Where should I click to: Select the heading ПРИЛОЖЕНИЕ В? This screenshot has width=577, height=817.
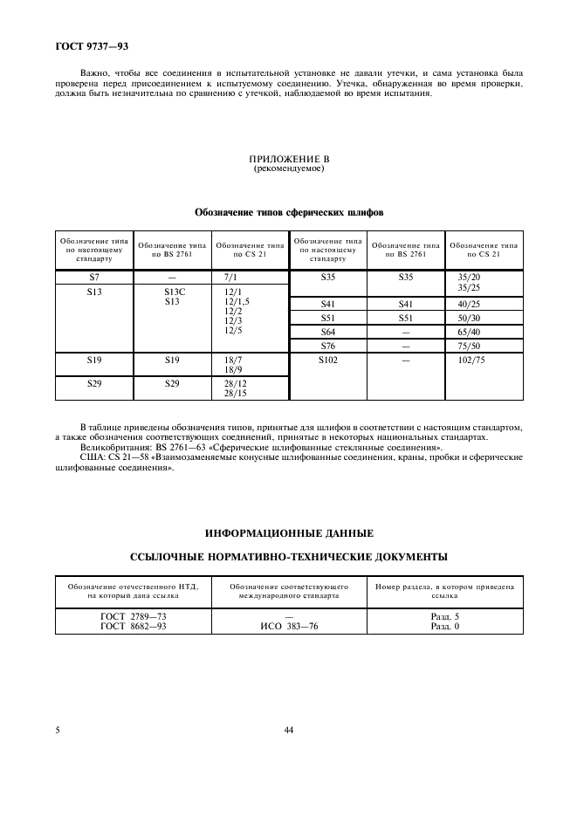point(288,160)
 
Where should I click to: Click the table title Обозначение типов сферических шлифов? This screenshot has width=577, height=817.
point(288,212)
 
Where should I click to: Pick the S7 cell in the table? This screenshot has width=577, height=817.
point(94,276)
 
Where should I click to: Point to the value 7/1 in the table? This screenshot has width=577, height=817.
point(231,276)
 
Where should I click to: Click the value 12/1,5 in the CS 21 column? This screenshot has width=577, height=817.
point(237,302)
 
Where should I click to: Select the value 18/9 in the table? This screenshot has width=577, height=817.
point(233,369)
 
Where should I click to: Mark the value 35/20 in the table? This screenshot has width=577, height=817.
point(469,277)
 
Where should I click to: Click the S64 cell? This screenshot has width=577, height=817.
point(328,333)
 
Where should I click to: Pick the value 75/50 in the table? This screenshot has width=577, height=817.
point(469,347)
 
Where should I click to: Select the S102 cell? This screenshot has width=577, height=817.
point(328,360)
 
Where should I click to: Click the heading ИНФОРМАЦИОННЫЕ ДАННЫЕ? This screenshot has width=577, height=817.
point(288,532)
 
